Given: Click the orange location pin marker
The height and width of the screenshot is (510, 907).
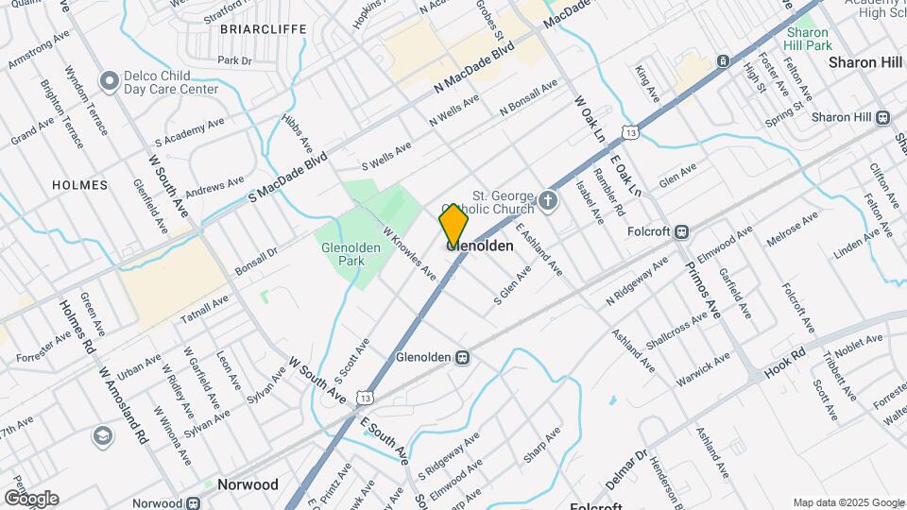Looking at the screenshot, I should click(453, 226).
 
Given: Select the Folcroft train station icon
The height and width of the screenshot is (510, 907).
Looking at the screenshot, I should click(682, 230).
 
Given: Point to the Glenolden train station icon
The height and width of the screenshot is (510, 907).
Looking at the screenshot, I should click(463, 358).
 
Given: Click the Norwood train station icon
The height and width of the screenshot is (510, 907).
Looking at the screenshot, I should click(194, 503).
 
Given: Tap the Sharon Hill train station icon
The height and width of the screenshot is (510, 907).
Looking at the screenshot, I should click(883, 117).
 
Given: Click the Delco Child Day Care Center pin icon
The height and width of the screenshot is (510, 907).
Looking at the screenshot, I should click(110, 78).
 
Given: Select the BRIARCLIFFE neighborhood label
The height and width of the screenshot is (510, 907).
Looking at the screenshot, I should click(263, 29).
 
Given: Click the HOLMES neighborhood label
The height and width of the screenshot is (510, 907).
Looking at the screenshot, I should click(79, 185).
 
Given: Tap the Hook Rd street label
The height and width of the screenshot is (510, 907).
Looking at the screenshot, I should click(783, 365).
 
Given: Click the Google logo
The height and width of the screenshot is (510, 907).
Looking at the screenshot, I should click(31, 498).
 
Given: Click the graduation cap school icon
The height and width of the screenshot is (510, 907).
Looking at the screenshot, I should click(101, 436).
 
